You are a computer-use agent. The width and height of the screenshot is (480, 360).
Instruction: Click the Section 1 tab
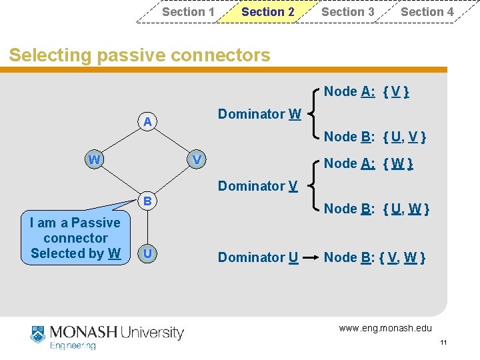tap(188, 12)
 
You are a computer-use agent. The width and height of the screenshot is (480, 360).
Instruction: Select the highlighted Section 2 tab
tap(267, 12)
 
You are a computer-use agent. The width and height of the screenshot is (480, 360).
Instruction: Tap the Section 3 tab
tap(347, 12)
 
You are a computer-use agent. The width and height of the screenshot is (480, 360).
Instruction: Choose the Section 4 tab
tap(427, 12)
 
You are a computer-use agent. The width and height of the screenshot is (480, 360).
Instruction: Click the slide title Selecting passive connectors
tap(139, 55)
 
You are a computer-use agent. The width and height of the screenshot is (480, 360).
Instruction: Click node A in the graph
tap(147, 121)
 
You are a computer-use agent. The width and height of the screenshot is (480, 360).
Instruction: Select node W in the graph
tap(95, 160)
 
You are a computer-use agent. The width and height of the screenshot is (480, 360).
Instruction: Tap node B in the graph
tap(148, 200)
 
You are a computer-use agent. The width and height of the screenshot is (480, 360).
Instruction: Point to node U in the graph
tap(147, 254)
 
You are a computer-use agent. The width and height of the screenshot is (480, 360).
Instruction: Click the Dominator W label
tap(259, 114)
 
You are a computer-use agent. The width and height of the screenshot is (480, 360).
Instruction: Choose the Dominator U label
tap(257, 257)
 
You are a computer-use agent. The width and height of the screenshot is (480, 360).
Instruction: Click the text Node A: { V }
tap(366, 91)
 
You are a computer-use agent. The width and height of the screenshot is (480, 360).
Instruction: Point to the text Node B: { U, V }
tap(375, 137)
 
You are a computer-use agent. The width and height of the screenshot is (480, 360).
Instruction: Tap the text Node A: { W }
tap(368, 163)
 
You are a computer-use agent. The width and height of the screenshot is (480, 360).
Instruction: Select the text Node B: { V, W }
tap(375, 257)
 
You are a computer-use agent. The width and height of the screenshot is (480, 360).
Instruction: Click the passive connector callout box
tap(75, 238)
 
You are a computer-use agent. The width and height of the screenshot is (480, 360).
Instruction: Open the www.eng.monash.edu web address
tap(385, 328)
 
